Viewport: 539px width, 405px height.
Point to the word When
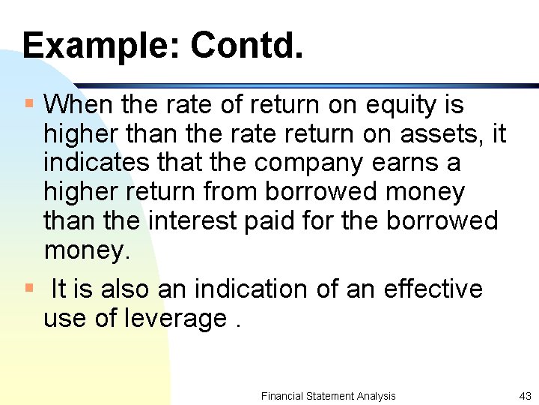[76, 104]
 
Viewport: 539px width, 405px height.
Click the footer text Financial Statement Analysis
[328, 396]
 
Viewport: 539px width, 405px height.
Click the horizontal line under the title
[299, 85]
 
